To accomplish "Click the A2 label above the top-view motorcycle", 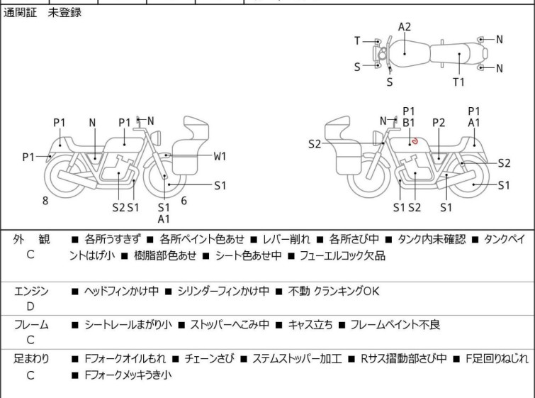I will (404, 27).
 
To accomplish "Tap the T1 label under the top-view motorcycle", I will (459, 82).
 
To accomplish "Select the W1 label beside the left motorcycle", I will (220, 156).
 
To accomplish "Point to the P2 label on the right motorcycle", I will (439, 122).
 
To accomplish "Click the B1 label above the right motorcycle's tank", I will (408, 122).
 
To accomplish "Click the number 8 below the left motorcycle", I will (45, 201).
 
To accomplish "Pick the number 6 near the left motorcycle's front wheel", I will (184, 201).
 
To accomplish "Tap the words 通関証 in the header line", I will (20, 12).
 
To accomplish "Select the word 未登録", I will (64, 12).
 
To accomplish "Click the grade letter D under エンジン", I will (30, 306).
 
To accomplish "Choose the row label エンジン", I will (32, 291).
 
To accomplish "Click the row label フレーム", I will (32, 325).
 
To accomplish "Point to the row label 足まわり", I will (32, 359).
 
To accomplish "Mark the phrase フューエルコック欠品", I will (342, 255).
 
